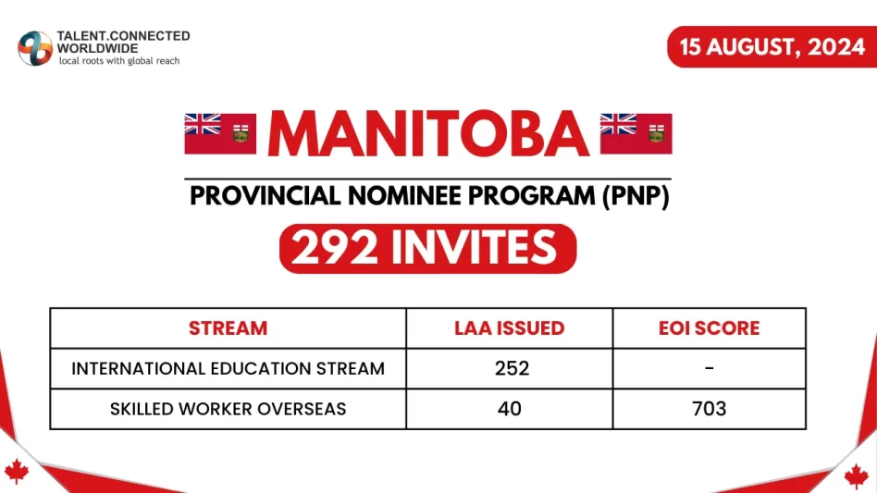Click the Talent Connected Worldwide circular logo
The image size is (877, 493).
pos(35,48)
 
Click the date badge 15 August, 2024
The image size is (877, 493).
pos(772,46)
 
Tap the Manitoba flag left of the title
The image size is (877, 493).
pos(220,133)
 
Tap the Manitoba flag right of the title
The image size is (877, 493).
pos(636,133)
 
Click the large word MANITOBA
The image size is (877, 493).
pos(428,134)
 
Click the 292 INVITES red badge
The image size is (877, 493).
pos(427,248)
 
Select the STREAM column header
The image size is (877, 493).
pos(228,328)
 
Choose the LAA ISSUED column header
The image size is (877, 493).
pos(509,328)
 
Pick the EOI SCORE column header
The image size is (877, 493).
pos(709,328)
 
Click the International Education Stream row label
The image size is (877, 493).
pos(228,368)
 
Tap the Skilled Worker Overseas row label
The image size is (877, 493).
pos(228,408)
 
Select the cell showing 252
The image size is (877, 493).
pos(509,368)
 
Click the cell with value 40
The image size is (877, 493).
pos(509,408)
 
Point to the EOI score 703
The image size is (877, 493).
pos(709,408)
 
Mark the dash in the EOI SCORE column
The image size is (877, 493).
pos(709,368)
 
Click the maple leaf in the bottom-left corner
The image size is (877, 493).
pos(17,472)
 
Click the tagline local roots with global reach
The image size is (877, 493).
pos(119,61)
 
